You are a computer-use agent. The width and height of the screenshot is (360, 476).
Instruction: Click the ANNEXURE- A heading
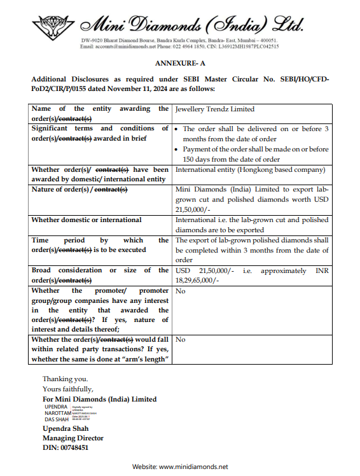coord(179,65)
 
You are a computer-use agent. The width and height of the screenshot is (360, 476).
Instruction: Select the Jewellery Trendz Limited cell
coord(215,109)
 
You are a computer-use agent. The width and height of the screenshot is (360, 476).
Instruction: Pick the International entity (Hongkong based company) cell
coord(250,170)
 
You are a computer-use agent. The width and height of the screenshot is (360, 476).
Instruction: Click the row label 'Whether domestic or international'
coord(87,220)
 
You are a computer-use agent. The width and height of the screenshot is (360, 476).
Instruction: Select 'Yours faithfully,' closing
coord(67,389)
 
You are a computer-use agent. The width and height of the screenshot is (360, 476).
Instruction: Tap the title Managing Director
coord(73,438)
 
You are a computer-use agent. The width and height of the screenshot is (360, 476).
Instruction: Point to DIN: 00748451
coord(66,447)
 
